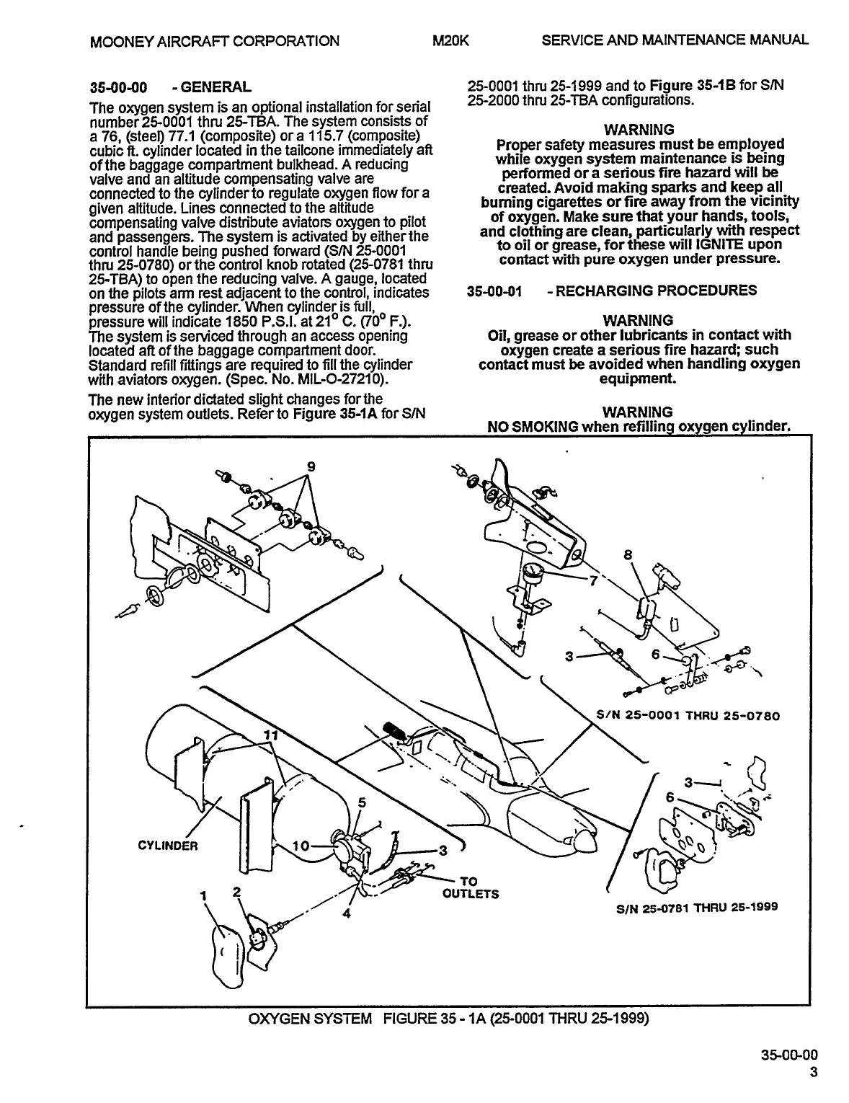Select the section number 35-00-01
(x=494, y=291)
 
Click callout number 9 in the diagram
(x=311, y=466)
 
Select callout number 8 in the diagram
(x=628, y=555)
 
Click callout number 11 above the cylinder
(x=270, y=735)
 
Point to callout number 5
(x=362, y=802)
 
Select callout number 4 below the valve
(x=347, y=913)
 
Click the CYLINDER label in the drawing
(x=167, y=846)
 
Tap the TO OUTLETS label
(x=469, y=887)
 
